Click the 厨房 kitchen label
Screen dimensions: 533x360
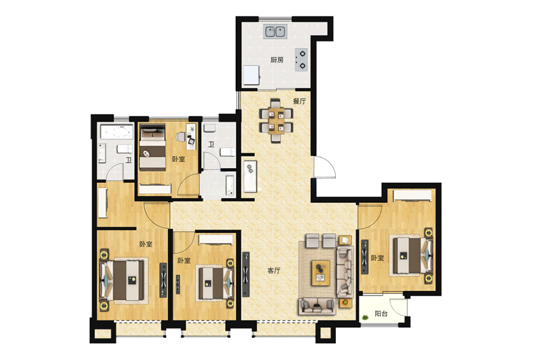(x=277, y=60)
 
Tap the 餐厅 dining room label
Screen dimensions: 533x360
(x=300, y=101)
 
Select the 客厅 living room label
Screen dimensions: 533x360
(x=274, y=271)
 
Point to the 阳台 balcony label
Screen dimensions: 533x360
(x=381, y=314)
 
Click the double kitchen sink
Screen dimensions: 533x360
(x=275, y=32)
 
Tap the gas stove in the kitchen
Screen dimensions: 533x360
(x=301, y=60)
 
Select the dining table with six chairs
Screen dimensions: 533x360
(x=276, y=120)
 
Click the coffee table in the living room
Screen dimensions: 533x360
(x=321, y=273)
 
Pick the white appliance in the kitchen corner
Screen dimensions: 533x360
(x=251, y=75)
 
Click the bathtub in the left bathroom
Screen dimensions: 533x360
(x=117, y=132)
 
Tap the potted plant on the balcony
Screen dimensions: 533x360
(x=365, y=318)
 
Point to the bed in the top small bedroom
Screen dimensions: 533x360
(x=152, y=147)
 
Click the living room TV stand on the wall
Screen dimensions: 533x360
(x=245, y=274)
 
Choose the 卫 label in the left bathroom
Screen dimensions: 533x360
(x=129, y=160)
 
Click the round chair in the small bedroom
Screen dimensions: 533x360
(x=180, y=137)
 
